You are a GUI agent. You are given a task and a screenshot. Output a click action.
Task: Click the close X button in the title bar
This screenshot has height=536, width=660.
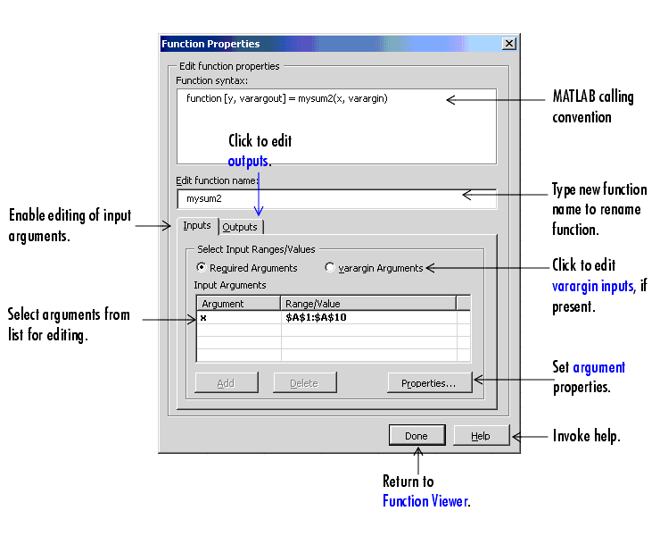point(509,44)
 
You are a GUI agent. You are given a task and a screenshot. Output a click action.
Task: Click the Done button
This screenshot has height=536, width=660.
point(417,436)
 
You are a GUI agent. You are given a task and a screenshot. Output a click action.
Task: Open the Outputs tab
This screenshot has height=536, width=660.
point(240,227)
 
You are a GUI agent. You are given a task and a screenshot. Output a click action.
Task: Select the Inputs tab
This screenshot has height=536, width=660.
point(197,226)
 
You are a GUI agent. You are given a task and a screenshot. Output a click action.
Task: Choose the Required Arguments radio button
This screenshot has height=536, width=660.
point(202,267)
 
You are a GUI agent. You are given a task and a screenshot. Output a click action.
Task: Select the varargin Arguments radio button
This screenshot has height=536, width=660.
point(330,267)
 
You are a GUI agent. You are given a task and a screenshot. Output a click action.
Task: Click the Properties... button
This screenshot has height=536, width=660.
point(429,383)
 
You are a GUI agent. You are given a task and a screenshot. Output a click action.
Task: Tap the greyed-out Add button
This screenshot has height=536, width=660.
point(227,383)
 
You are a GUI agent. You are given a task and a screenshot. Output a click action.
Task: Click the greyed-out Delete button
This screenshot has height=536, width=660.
point(305,383)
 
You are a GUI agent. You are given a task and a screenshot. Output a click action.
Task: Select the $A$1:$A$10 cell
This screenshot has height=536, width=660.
point(316,317)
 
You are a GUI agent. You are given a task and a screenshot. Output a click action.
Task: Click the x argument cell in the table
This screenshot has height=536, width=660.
point(203,318)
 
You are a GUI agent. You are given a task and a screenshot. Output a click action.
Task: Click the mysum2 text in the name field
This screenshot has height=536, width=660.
point(203,198)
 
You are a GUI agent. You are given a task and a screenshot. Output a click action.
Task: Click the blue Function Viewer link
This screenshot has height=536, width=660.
point(425,501)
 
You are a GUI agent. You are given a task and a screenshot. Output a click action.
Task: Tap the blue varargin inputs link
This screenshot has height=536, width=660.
point(592,287)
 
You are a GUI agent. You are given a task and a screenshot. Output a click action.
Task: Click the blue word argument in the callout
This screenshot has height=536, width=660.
point(599,368)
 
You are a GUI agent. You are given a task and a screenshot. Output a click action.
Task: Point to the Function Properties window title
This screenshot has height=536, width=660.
point(210,44)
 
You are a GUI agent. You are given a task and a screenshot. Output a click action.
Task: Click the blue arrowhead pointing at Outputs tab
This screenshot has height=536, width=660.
point(259,211)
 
